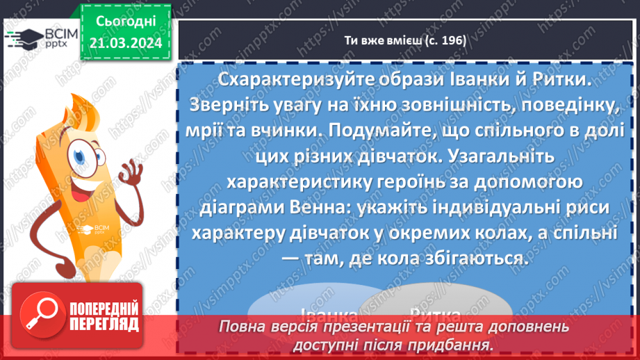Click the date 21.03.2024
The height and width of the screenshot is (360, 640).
[126, 43]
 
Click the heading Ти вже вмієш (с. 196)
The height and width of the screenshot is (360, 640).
[405, 40]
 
